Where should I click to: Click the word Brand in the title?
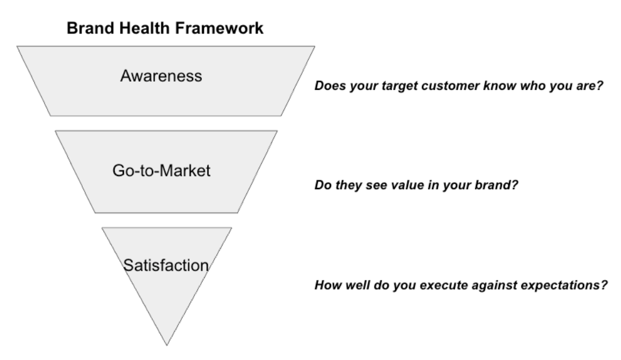pyautogui.click(x=86, y=28)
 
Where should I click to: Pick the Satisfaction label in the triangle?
pyautogui.click(x=166, y=265)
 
